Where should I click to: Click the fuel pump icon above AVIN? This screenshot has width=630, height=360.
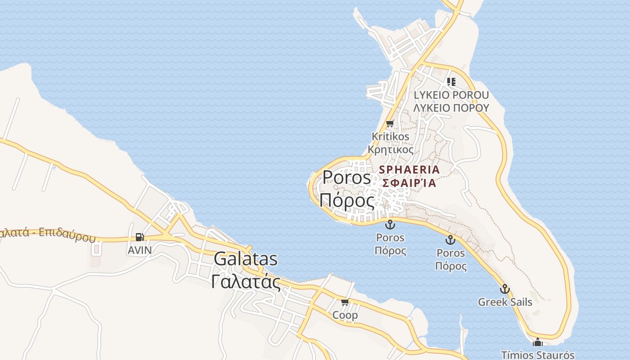[140, 237]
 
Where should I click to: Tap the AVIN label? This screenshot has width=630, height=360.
[139, 250]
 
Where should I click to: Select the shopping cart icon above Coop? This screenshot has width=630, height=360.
[345, 302]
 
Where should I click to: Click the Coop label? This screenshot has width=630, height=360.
[345, 315]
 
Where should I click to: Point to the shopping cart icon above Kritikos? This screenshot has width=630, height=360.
[390, 123]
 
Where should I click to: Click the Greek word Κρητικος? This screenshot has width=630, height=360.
[391, 149]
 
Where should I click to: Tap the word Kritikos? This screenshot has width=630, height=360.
[391, 136]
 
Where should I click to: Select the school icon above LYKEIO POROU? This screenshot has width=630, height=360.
[451, 82]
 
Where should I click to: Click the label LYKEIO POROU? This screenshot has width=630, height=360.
[451, 95]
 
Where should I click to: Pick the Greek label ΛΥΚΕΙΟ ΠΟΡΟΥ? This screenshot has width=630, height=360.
[451, 108]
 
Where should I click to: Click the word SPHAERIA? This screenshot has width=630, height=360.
[409, 170]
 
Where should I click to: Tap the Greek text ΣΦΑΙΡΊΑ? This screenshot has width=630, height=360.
[409, 183]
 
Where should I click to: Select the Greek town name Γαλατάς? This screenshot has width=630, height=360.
[246, 282]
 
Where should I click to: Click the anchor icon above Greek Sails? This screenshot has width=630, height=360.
[505, 289]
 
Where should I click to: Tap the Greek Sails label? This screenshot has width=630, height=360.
[505, 302]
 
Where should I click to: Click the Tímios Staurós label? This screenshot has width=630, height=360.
[538, 355]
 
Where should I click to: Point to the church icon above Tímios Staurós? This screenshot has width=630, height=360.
[538, 343]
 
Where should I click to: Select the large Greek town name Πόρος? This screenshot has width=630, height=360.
[346, 201]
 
